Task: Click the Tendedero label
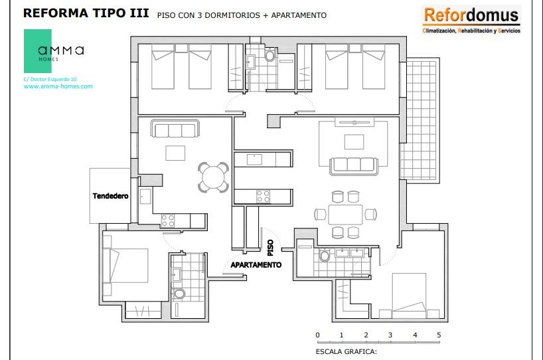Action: [x=110, y=196]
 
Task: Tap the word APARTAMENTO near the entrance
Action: [x=256, y=265]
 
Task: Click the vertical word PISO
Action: [x=270, y=248]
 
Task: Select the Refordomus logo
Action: [x=471, y=20]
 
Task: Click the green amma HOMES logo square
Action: [x=38, y=51]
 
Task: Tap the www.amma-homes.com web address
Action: [x=58, y=86]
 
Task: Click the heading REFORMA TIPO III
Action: [x=86, y=13]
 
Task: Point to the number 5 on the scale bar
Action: [x=439, y=335]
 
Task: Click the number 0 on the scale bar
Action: [x=317, y=335]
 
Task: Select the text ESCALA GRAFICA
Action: [x=346, y=351]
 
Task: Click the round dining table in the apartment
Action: [x=213, y=177]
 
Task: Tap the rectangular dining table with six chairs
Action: [x=345, y=215]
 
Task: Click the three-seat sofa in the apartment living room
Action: [x=175, y=129]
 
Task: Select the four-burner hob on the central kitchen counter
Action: [x=263, y=196]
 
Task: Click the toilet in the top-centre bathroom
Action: [x=270, y=54]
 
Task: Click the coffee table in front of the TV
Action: [x=354, y=142]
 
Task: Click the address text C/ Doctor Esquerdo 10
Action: [x=50, y=79]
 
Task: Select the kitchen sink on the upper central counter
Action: [x=254, y=159]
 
